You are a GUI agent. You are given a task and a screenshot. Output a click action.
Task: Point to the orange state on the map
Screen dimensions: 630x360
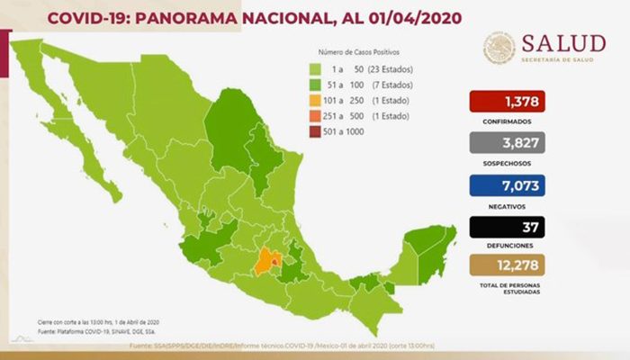(265, 262)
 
